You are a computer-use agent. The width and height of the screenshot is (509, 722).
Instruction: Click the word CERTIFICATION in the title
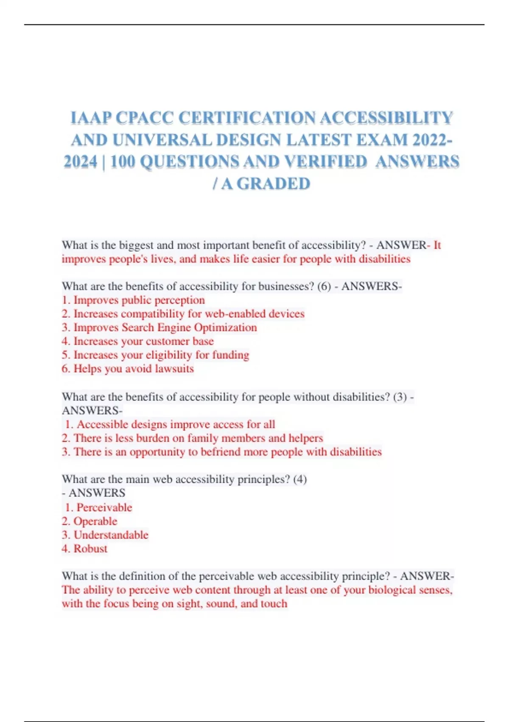coord(246,118)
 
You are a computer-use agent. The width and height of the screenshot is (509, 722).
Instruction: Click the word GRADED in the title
coord(273,184)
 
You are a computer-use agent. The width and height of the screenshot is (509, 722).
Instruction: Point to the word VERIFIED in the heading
coord(325,162)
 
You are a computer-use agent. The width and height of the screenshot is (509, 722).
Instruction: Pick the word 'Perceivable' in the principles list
coord(104,508)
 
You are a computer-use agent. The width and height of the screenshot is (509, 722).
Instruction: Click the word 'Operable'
coord(95,521)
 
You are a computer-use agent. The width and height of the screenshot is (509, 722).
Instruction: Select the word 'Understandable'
coord(111,535)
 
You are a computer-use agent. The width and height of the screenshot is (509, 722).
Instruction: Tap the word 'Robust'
coord(90,549)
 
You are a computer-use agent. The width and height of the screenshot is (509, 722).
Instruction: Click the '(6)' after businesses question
coord(324,286)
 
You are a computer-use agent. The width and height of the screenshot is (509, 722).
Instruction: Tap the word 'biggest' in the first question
coord(136,245)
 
